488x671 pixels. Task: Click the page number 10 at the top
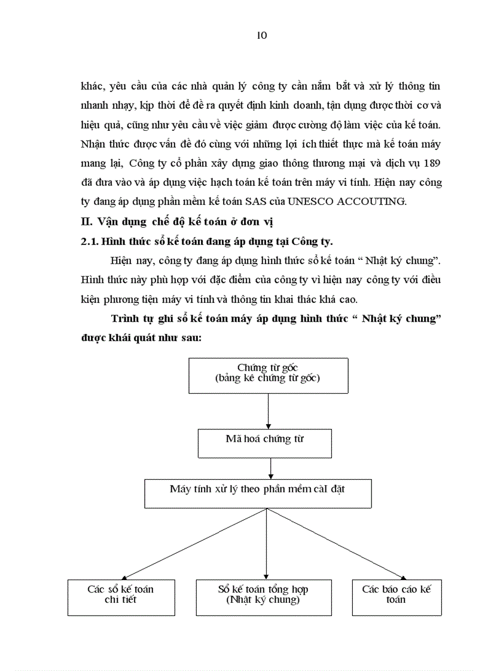pyautogui.click(x=262, y=35)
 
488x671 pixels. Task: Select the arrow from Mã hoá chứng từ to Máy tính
pyautogui.click(x=271, y=469)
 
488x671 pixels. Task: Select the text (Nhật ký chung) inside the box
pyautogui.click(x=263, y=600)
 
